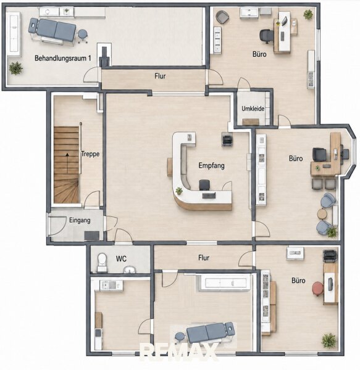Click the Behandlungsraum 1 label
point(62,59)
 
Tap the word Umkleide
point(253,109)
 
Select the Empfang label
point(211,165)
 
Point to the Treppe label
point(90,154)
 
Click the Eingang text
point(80,220)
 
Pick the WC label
point(121,259)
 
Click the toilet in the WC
point(102,262)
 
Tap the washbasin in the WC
point(130,269)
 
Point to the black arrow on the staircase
point(67,163)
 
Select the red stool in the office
point(318,289)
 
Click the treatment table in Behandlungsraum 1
point(52,30)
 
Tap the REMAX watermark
point(179,352)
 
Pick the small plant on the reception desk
point(179,190)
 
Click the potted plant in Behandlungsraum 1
point(16,68)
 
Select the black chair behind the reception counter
point(204,185)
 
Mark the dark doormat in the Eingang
point(92,236)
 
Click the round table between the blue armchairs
point(322,214)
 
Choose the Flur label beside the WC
point(204,258)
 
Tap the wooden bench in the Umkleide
point(251,121)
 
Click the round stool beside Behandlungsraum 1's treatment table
point(83,35)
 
